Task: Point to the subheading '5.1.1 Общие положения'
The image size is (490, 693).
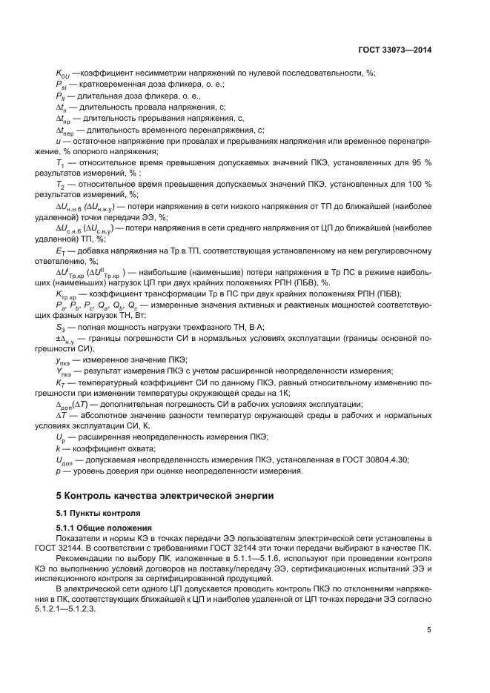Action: (x=108, y=526)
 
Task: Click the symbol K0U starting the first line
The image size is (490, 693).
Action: (x=63, y=73)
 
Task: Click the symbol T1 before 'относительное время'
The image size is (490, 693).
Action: (x=59, y=162)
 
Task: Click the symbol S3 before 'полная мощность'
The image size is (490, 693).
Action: (x=61, y=327)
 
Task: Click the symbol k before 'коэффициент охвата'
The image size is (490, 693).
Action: (x=58, y=448)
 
